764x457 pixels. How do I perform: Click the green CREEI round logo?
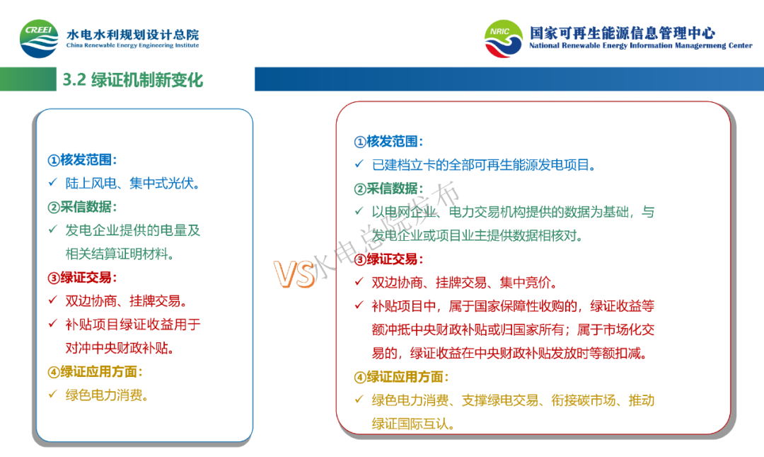(x=39, y=39)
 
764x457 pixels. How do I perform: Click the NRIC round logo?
(x=504, y=38)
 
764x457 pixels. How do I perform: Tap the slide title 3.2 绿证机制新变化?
(x=132, y=79)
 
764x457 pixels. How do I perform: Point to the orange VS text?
(x=294, y=273)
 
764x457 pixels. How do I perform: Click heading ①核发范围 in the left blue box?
(x=82, y=159)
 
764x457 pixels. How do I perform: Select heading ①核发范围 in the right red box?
(x=388, y=142)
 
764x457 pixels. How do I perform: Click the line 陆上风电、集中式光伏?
(x=132, y=183)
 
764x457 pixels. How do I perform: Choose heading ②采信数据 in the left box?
(x=82, y=207)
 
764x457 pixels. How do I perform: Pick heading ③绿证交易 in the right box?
(x=388, y=259)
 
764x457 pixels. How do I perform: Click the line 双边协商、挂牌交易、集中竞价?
(x=464, y=282)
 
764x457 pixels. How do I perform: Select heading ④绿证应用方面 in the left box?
(x=95, y=371)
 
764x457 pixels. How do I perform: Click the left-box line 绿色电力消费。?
(x=107, y=395)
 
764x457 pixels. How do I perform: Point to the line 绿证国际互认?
(x=413, y=423)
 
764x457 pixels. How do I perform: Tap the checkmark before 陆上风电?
(x=52, y=183)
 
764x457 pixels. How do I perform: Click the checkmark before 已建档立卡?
(x=359, y=164)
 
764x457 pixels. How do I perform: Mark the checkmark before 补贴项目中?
(x=359, y=305)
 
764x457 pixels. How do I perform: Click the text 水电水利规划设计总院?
(x=132, y=34)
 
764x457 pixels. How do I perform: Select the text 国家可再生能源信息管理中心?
(x=623, y=33)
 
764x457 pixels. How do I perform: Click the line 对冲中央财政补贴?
(x=120, y=348)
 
